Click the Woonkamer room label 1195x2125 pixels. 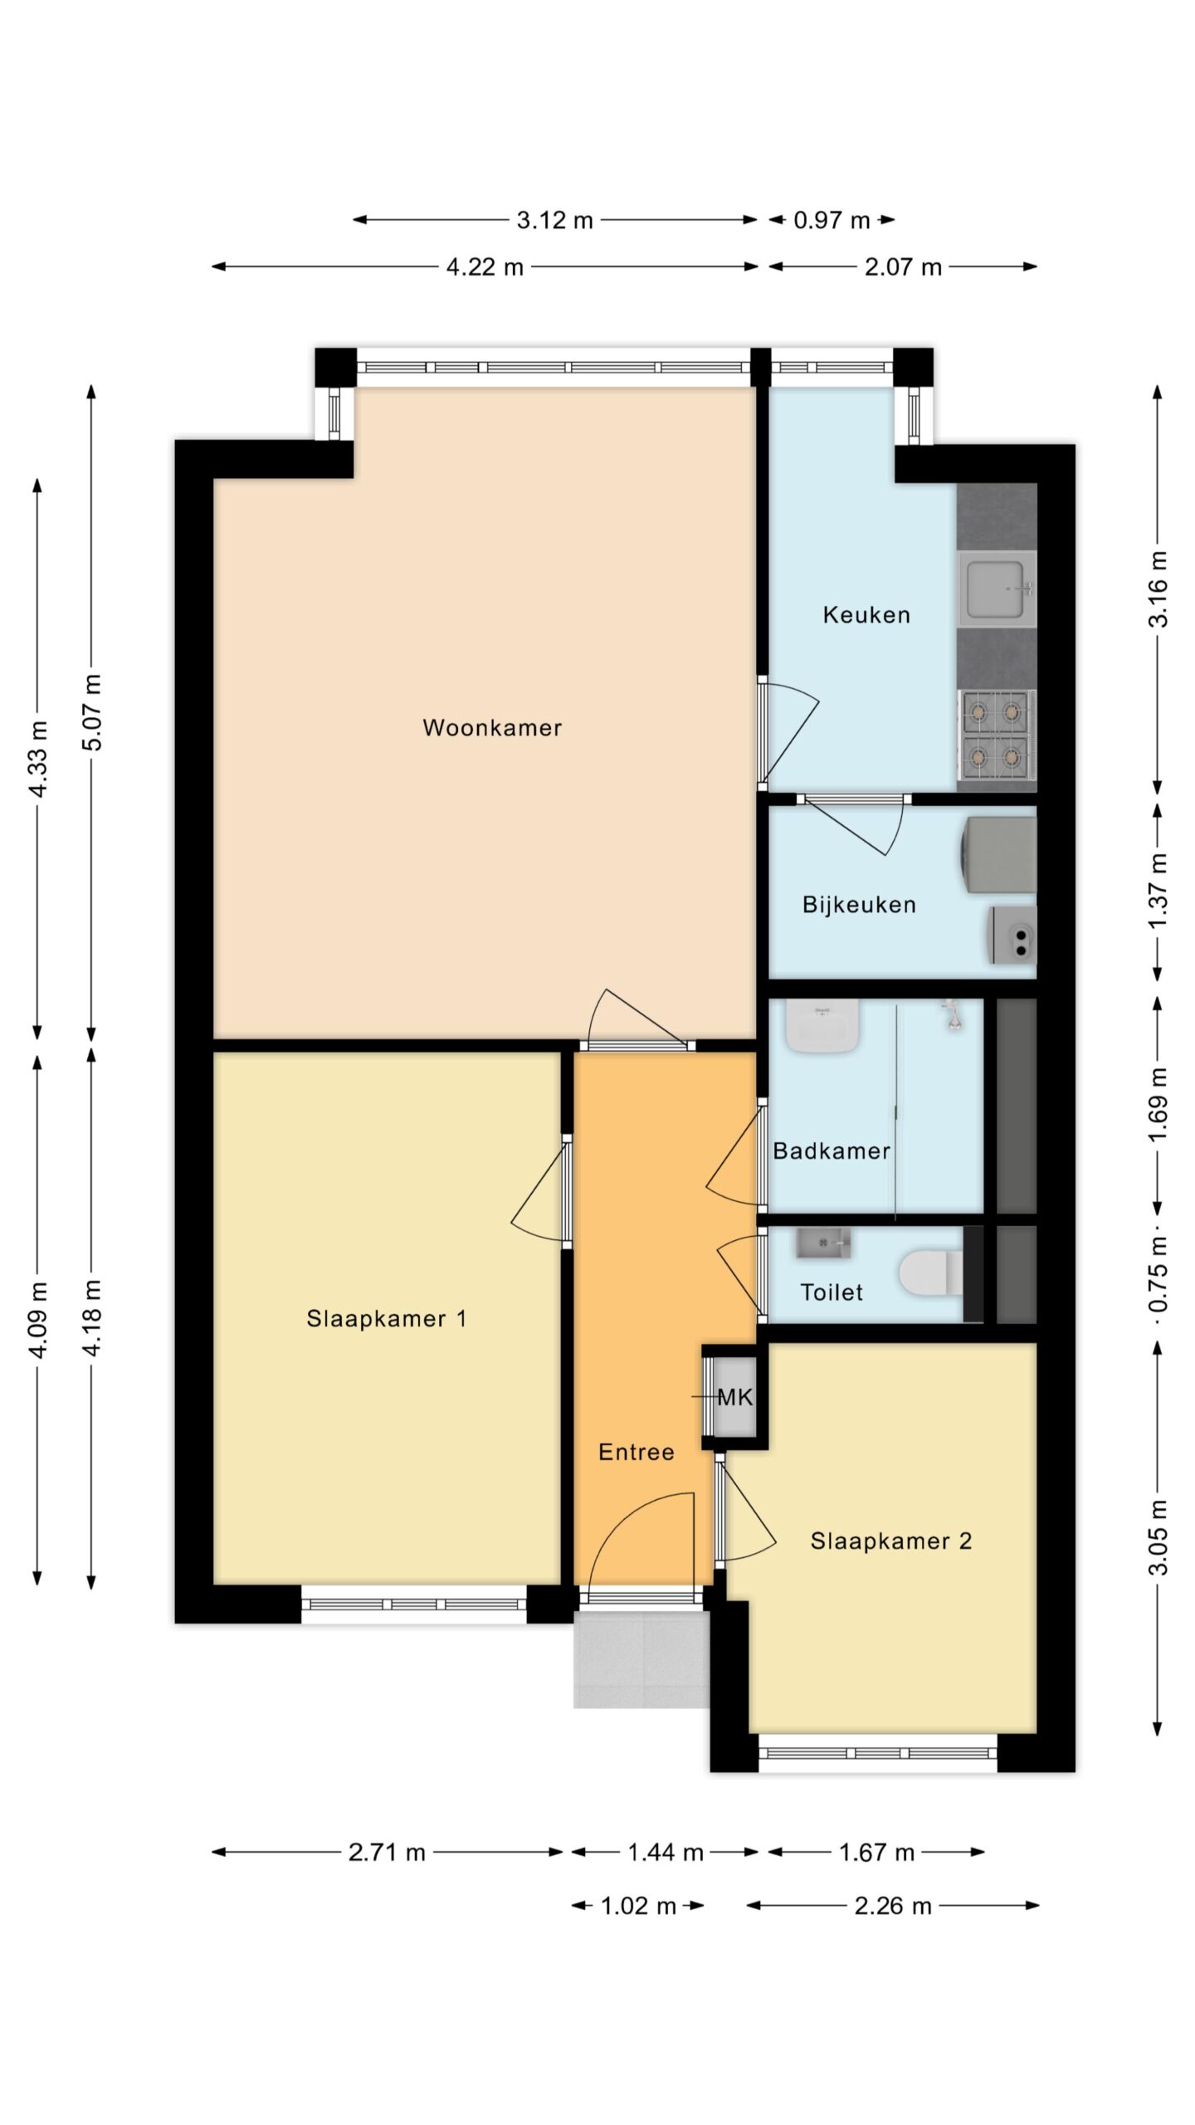492,728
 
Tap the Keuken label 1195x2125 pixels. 866,615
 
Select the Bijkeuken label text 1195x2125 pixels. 859,905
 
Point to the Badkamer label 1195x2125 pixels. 832,1150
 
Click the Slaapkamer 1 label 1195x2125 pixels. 387,1318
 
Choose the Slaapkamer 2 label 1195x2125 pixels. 891,1541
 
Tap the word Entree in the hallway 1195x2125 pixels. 637,1452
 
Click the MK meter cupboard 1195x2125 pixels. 734,1398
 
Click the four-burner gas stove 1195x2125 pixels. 997,735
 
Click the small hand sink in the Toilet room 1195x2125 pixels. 823,1243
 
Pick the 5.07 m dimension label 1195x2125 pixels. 92,712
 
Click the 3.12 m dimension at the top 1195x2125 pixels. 554,220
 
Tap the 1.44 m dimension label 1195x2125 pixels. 666,1852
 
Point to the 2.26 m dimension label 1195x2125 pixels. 893,1905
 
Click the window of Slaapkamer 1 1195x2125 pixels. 413,1604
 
